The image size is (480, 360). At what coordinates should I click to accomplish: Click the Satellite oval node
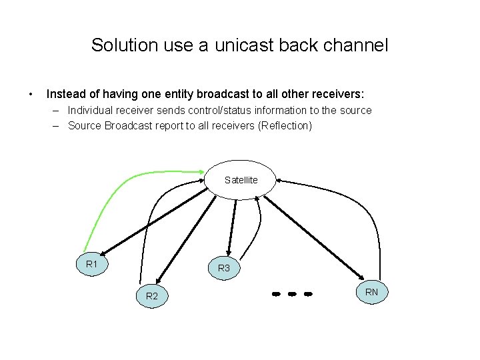pyautogui.click(x=241, y=180)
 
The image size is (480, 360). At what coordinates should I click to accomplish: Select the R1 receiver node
pyautogui.click(x=92, y=265)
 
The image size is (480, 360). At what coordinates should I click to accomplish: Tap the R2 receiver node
pyautogui.click(x=151, y=295)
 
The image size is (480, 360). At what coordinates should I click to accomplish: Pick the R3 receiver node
pyautogui.click(x=224, y=268)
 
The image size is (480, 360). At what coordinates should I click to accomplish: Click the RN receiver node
pyautogui.click(x=371, y=291)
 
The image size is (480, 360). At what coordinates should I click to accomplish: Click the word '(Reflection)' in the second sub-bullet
pyautogui.click(x=283, y=125)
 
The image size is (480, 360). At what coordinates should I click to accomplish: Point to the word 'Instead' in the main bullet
pyautogui.click(x=65, y=94)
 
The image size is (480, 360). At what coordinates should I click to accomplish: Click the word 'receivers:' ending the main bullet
pyautogui.click(x=337, y=94)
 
